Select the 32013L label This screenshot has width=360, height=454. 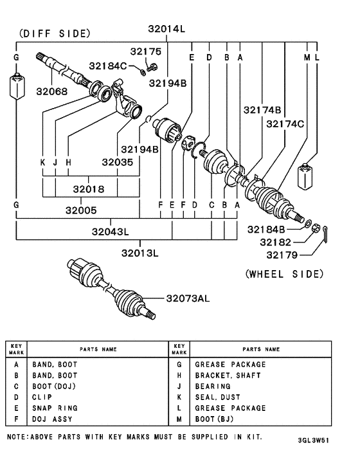[x=156, y=252]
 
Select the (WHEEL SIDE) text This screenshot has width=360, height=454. [x=284, y=274]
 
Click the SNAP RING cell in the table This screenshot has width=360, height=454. [x=54, y=408]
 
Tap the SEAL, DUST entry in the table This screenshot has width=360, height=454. [x=219, y=397]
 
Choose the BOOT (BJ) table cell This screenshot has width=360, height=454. [x=215, y=419]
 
